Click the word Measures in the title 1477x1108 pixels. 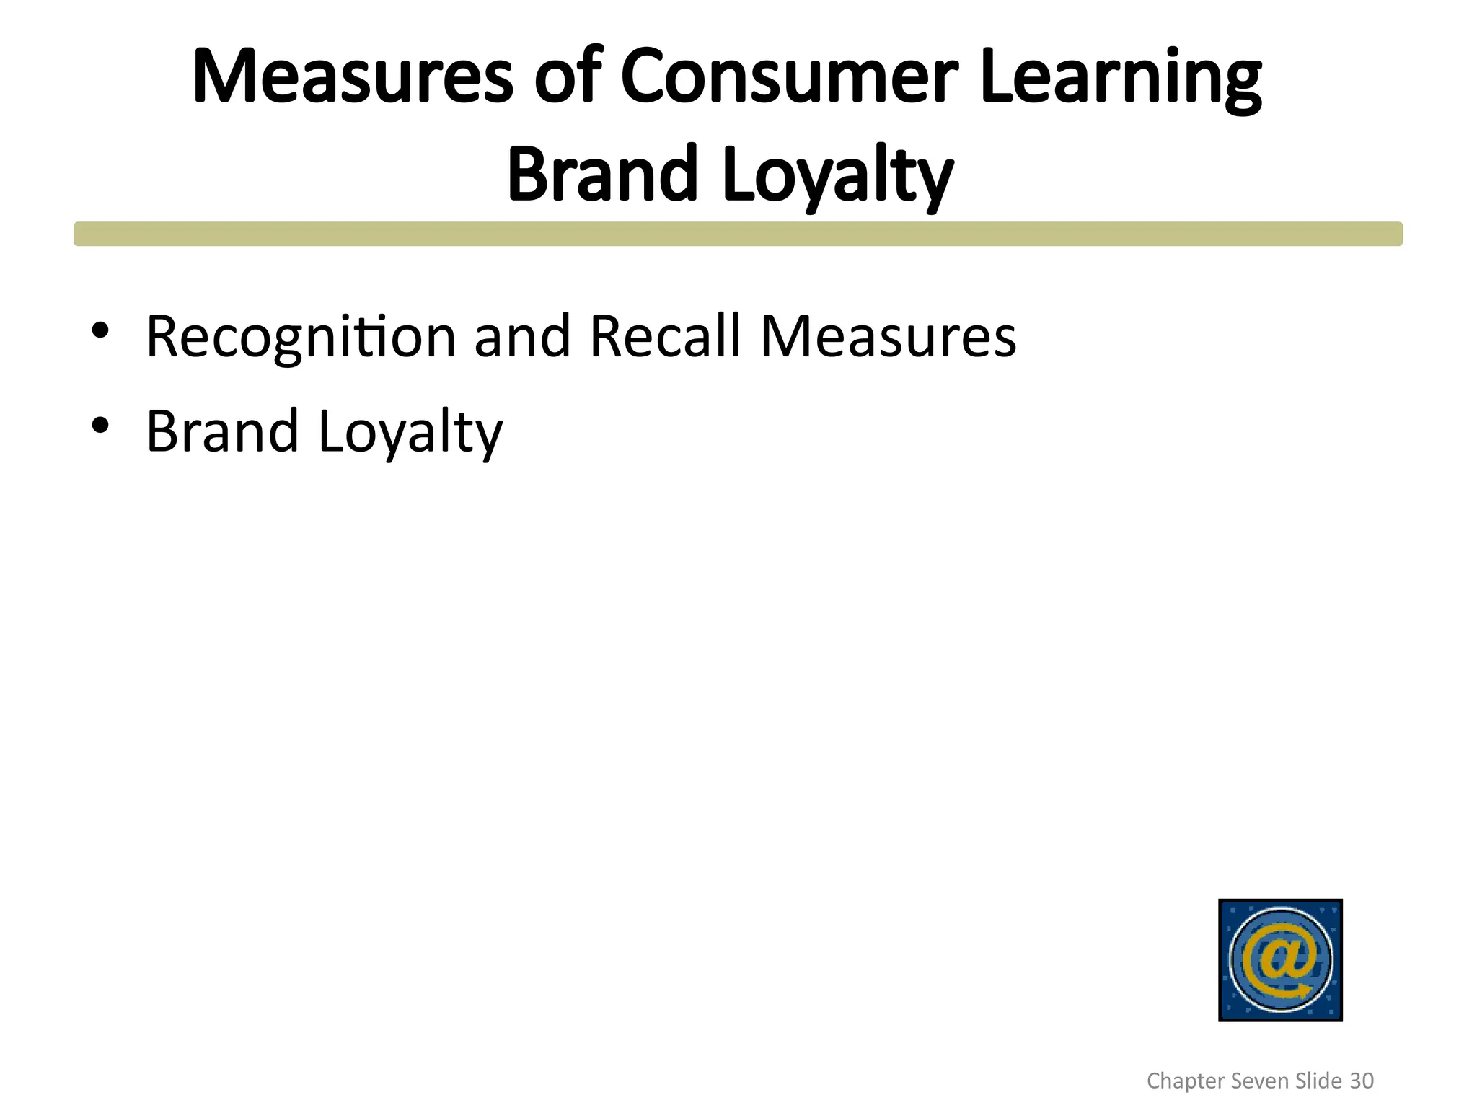(x=353, y=77)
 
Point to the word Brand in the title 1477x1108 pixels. (x=603, y=175)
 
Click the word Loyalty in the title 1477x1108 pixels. (x=837, y=177)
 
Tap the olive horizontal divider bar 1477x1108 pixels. (x=738, y=234)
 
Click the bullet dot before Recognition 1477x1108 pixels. (x=100, y=330)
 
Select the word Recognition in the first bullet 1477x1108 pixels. (x=301, y=338)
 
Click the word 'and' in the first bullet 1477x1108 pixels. (x=523, y=336)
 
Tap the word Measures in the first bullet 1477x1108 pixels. (x=888, y=336)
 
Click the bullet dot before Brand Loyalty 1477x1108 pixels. (x=100, y=425)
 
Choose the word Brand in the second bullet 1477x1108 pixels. (x=222, y=431)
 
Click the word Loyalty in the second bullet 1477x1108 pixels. (x=410, y=433)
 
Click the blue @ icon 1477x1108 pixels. (x=1280, y=959)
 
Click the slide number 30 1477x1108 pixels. (x=1362, y=1081)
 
